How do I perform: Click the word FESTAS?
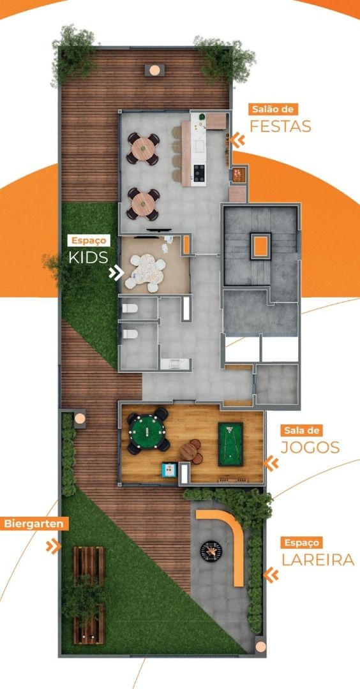coord(280,126)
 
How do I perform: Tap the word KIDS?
coord(88,257)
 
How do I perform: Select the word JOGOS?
coord(310,447)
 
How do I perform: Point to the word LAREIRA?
coord(318,560)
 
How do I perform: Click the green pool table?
coord(231,444)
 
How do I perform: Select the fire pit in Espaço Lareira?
coord(211,551)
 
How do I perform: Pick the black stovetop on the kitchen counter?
coord(199,173)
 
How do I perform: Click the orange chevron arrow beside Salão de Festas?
coord(238,140)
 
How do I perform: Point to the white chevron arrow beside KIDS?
coord(116,273)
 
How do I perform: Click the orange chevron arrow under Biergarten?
coord(53,546)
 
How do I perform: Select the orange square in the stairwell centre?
coord(260,246)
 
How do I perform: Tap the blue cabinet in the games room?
coord(169,470)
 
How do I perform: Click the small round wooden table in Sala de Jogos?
coord(188,451)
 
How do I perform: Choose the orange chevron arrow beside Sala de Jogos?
coord(272,463)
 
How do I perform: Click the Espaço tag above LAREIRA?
coord(302,542)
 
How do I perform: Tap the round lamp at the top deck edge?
coord(154,70)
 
